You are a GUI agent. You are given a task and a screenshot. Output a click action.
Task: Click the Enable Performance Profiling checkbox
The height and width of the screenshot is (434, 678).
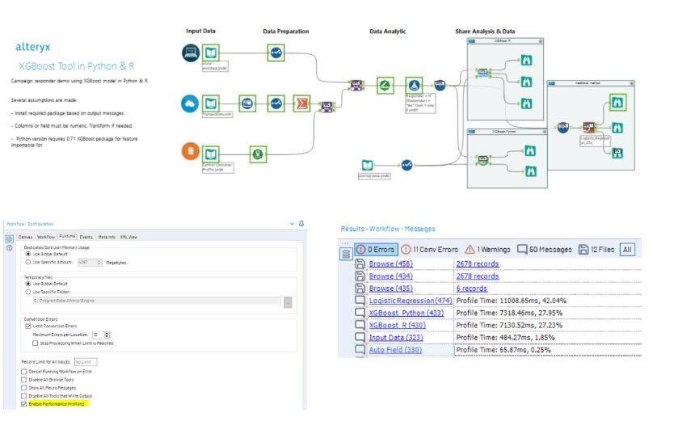coord(23,402)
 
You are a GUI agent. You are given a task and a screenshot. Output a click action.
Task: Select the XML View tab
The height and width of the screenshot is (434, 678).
coord(128,237)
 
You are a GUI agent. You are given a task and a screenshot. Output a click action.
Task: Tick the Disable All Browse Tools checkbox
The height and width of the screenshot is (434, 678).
coord(23,379)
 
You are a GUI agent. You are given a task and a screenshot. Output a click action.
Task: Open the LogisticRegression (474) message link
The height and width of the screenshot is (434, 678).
coord(410,301)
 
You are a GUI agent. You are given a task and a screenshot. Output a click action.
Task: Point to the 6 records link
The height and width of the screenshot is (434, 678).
coord(472,289)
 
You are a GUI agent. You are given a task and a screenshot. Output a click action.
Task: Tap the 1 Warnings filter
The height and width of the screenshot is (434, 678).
coord(491,249)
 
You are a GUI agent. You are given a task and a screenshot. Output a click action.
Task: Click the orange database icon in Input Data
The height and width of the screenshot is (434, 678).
coord(190,150)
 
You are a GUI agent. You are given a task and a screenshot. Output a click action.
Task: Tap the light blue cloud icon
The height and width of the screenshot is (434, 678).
coord(190,103)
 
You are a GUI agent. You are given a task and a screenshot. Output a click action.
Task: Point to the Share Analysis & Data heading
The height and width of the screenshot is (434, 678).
coord(485,31)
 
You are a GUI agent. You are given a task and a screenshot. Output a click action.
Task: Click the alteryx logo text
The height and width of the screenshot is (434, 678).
coord(35,47)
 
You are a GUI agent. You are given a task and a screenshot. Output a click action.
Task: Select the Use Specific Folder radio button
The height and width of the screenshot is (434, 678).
coord(29,291)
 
